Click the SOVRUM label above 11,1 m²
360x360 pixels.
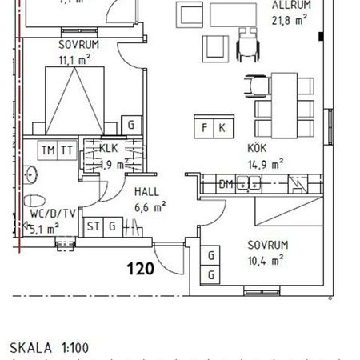click(78, 46)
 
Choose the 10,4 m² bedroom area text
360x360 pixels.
click(266, 260)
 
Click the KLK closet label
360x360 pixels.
click(109, 148)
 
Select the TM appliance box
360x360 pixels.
click(49, 150)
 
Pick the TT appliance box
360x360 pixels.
click(67, 150)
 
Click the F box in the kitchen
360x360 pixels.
click(205, 127)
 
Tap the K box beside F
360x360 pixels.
click(222, 127)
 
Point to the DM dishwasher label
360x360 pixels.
click(226, 185)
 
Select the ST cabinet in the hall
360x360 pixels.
click(94, 226)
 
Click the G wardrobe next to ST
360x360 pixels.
click(113, 226)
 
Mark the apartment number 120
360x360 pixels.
click(140, 269)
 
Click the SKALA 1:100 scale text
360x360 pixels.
click(50, 348)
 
